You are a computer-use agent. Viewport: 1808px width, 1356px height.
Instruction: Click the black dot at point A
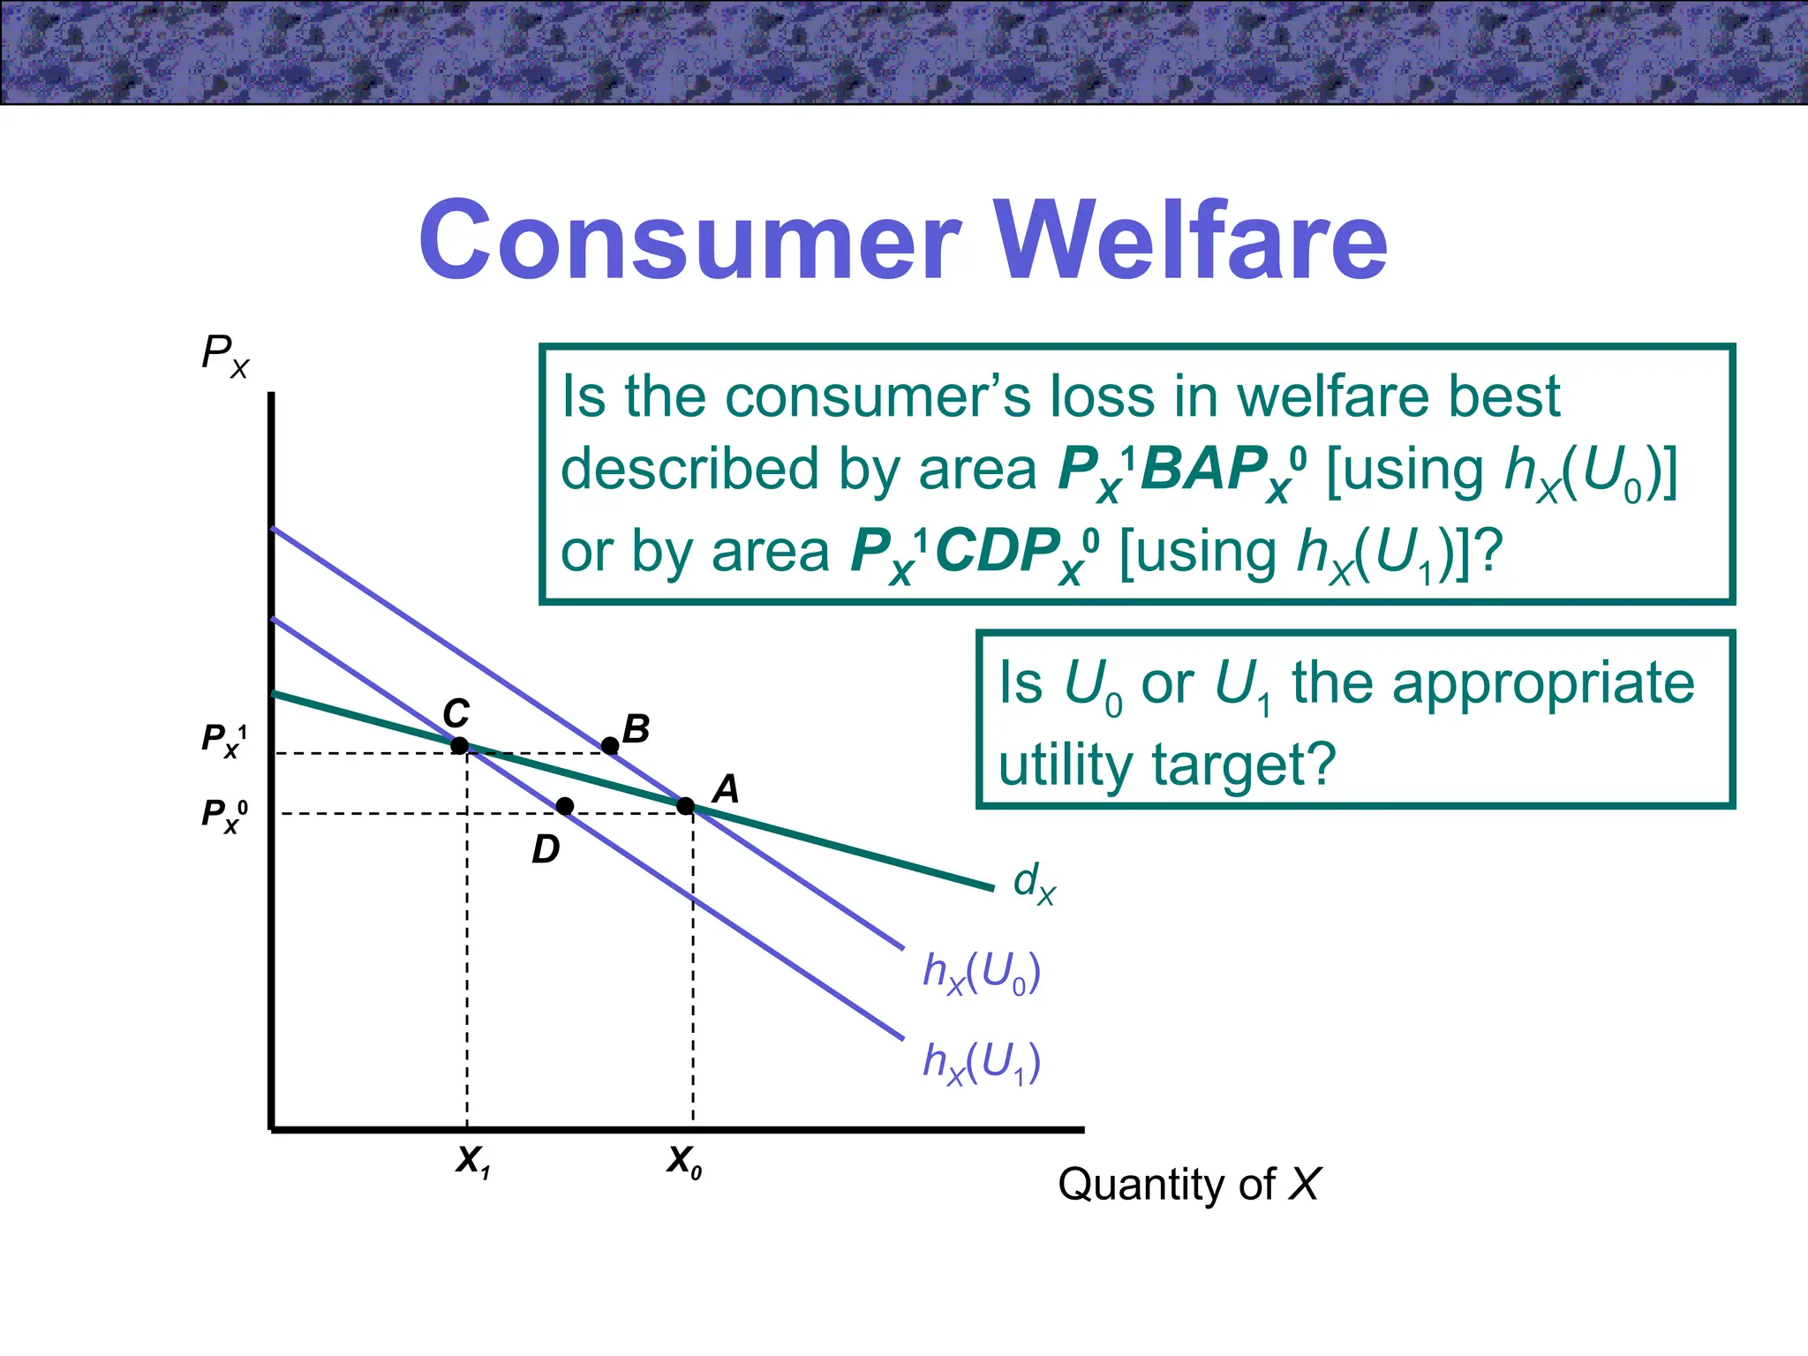[x=685, y=805]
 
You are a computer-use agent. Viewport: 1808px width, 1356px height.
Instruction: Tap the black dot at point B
[x=610, y=746]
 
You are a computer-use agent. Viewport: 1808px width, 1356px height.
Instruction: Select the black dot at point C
[x=459, y=746]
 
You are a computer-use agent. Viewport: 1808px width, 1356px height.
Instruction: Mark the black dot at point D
[x=565, y=806]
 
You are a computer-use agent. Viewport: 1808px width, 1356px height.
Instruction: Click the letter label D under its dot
[x=546, y=850]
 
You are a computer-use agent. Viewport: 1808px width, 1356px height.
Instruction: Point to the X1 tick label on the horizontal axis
[x=473, y=1162]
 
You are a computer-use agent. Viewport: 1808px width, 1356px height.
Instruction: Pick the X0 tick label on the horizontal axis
[x=684, y=1162]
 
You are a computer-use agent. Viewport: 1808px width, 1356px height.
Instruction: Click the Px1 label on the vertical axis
[x=224, y=740]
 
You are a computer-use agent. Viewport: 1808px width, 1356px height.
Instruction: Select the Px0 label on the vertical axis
[x=224, y=815]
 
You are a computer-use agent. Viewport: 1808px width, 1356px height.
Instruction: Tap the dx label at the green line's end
[x=1034, y=883]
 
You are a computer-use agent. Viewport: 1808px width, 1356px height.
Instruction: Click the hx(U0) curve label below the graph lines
[x=982, y=974]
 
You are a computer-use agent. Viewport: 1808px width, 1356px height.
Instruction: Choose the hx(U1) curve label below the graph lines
[x=982, y=1063]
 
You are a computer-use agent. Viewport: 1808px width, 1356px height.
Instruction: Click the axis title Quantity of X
[x=1188, y=1184]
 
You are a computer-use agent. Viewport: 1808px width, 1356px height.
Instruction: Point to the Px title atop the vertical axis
[x=225, y=355]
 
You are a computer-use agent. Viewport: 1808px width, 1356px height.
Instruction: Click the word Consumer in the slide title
[x=689, y=240]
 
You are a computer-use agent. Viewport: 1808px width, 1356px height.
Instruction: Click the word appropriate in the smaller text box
[x=1542, y=683]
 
